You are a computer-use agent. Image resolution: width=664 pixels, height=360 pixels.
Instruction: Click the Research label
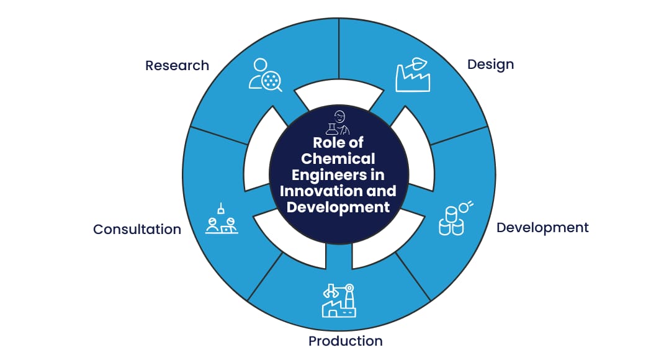177,65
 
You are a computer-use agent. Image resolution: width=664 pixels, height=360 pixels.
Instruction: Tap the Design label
490,64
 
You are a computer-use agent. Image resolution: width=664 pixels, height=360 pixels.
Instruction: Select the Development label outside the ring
542,227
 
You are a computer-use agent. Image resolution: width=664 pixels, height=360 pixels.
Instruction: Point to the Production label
345,341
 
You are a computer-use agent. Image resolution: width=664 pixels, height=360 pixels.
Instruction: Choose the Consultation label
137,229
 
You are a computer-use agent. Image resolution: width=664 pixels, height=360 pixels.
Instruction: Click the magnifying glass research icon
265,74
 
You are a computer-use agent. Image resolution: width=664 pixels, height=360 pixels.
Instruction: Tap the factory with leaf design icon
413,75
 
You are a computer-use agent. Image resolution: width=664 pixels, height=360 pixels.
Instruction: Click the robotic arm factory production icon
338,300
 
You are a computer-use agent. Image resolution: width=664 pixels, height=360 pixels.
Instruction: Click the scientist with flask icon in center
339,123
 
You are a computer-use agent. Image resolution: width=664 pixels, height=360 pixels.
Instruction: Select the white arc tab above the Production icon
385,239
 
